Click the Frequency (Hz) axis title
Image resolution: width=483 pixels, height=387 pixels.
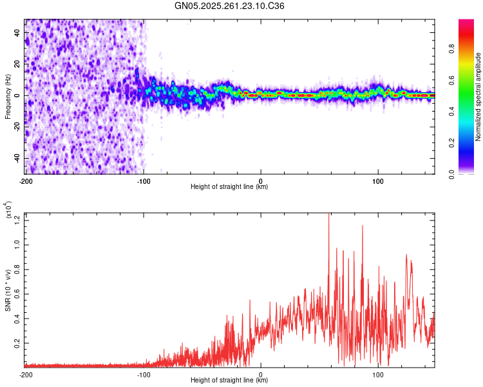pyautogui.click(x=8, y=97)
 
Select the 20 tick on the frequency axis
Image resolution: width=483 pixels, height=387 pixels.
pyautogui.click(x=17, y=64)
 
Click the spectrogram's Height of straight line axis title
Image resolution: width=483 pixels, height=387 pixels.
pyautogui.click(x=229, y=187)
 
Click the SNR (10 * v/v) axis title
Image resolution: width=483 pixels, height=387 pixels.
pyautogui.click(x=8, y=290)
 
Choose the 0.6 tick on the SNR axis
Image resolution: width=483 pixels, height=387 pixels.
pyautogui.click(x=17, y=294)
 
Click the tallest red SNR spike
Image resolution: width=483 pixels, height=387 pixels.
pyautogui.click(x=329, y=215)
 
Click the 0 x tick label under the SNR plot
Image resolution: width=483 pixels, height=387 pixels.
pyautogui.click(x=261, y=374)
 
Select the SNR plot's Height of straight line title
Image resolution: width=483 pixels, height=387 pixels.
pyautogui.click(x=229, y=381)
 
